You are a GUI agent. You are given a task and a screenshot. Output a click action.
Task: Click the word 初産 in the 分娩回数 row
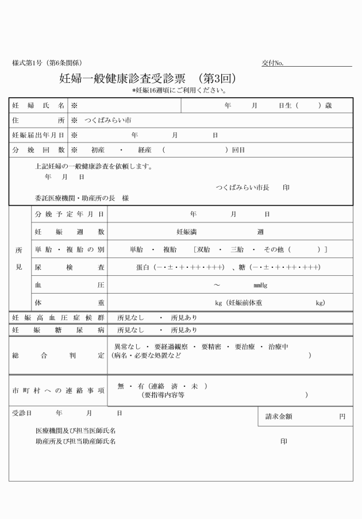click(x=99, y=150)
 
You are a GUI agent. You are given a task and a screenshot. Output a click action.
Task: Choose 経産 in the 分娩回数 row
click(x=144, y=150)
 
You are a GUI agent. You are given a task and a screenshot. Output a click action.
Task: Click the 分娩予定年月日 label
click(x=70, y=214)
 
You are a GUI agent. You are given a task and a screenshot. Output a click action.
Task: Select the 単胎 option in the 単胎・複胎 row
click(x=136, y=249)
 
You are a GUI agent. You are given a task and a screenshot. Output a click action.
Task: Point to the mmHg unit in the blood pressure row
click(x=260, y=285)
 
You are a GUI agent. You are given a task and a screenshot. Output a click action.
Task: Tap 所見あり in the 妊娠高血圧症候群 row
click(x=184, y=317)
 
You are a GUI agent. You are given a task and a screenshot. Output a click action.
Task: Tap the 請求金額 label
click(x=279, y=417)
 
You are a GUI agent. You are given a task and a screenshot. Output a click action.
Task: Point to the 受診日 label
click(x=22, y=413)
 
